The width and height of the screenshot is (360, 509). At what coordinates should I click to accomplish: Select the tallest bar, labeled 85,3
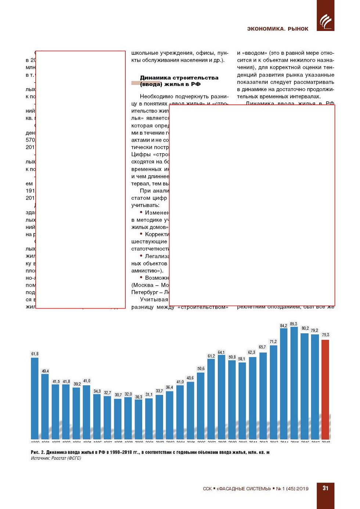tap(294, 382)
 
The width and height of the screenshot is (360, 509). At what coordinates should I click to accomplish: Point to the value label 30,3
tap(138, 397)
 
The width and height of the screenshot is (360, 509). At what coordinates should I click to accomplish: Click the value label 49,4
tap(45, 371)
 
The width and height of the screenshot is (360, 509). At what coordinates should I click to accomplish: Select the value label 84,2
tap(284, 326)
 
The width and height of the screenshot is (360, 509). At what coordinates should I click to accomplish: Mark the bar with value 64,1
tap(221, 397)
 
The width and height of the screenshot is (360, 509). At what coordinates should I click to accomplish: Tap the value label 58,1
tap(241, 359)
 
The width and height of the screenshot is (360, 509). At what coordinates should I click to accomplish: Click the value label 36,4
tap(169, 387)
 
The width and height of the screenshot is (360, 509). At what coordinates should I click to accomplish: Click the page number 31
tap(325, 488)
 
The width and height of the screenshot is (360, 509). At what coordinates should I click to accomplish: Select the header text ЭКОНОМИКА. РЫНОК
tap(278, 29)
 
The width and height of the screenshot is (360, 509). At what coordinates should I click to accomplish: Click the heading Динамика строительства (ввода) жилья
tap(179, 81)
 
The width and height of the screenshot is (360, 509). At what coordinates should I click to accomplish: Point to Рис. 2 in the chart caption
tap(37, 452)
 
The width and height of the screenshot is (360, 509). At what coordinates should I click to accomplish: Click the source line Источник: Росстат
tap(56, 458)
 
